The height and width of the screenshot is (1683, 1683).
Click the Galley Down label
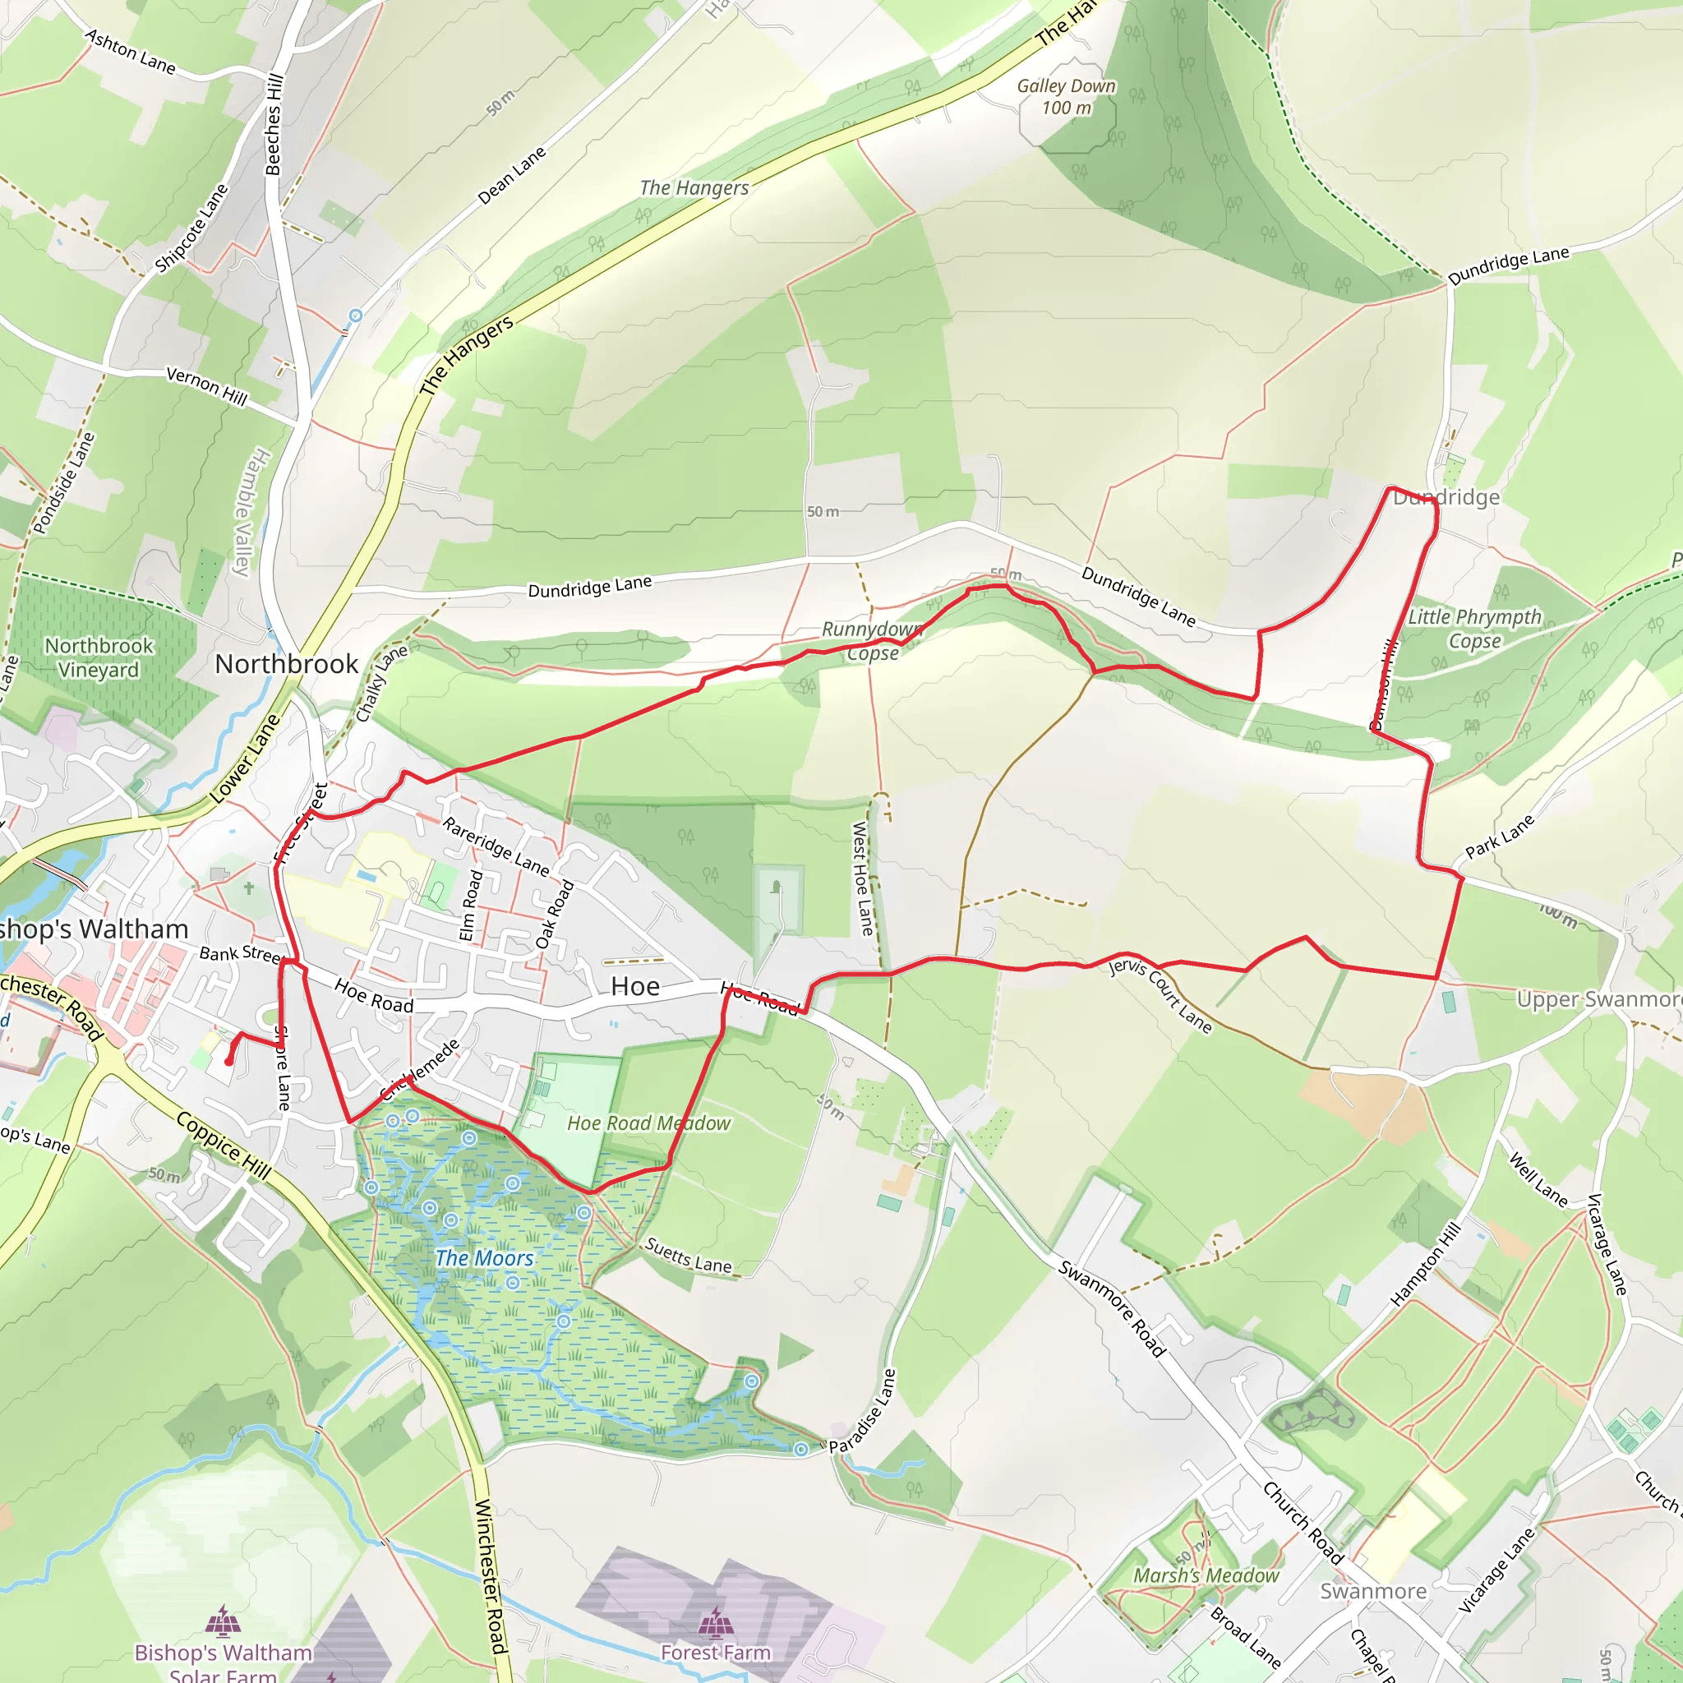click(x=1066, y=97)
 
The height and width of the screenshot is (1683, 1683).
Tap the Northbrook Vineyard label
click(x=99, y=657)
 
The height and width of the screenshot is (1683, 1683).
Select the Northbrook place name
click(x=286, y=664)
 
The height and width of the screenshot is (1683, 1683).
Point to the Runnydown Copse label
click(x=872, y=641)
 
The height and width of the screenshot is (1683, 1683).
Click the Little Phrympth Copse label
click(x=1474, y=629)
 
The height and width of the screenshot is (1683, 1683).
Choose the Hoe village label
click(x=635, y=986)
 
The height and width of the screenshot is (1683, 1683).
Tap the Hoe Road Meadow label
click(x=649, y=1123)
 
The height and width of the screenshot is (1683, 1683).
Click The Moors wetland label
click(x=484, y=1258)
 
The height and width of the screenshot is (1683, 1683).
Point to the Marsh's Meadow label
click(x=1206, y=1576)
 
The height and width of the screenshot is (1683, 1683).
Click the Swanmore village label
click(x=1373, y=1592)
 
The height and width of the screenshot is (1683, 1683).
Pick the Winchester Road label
click(x=491, y=1577)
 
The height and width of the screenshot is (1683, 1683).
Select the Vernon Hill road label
click(x=206, y=386)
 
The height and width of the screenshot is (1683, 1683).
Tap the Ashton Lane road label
click(x=130, y=52)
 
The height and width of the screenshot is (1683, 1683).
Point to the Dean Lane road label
click(x=512, y=175)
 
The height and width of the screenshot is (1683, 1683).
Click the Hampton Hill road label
click(x=1425, y=1265)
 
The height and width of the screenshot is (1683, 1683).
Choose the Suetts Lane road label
click(x=688, y=1256)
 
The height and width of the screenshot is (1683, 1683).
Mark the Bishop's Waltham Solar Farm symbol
click(x=224, y=1621)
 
